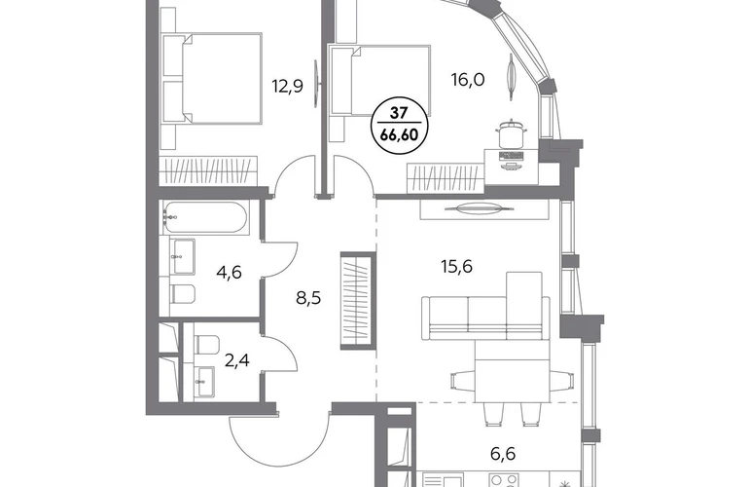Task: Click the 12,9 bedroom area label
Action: (x=288, y=87)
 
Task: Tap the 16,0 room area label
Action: (x=468, y=80)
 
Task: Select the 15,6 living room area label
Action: (x=456, y=266)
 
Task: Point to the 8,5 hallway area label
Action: (x=308, y=298)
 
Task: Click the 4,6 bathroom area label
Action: (x=229, y=273)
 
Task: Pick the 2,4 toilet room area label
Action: (x=236, y=359)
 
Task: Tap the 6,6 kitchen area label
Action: (x=503, y=454)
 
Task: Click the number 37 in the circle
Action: (x=399, y=113)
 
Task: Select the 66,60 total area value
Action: (x=399, y=135)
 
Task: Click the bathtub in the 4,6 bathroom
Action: (x=205, y=217)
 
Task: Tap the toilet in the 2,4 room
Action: (x=207, y=345)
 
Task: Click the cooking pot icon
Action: (x=512, y=134)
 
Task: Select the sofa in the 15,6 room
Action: (x=485, y=306)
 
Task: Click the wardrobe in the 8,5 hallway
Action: (x=358, y=300)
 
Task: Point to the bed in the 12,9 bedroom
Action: (x=212, y=79)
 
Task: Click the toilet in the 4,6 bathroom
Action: (x=183, y=294)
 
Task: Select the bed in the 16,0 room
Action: (x=380, y=81)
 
